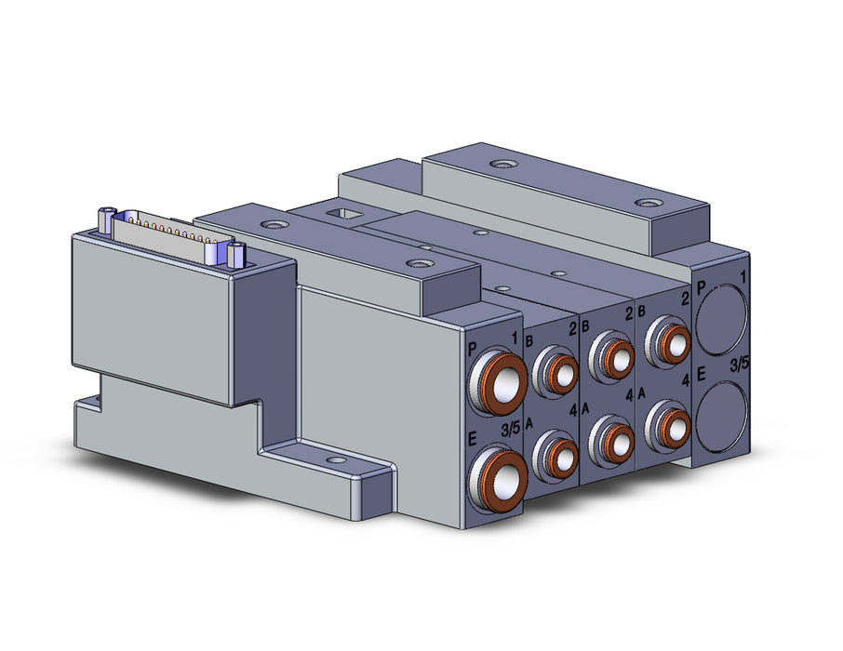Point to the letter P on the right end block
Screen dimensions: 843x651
coord(701,288)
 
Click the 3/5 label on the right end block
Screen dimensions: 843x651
coord(739,365)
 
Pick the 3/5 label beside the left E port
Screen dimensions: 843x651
coord(510,430)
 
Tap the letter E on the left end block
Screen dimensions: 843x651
coord(473,440)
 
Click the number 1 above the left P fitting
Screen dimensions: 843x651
coord(514,339)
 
